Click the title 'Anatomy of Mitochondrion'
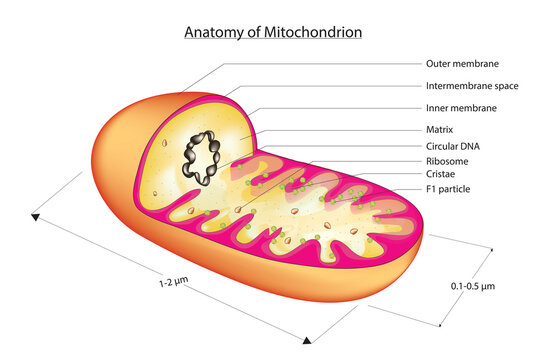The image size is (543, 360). pyautogui.click(x=272, y=32)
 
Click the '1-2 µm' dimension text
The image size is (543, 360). pyautogui.click(x=173, y=283)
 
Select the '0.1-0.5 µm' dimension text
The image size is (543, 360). pyautogui.click(x=473, y=286)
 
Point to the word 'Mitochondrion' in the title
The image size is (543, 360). pyautogui.click(x=314, y=32)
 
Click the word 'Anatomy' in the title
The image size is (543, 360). pyautogui.click(x=212, y=32)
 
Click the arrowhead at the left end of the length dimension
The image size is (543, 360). pyautogui.click(x=37, y=216)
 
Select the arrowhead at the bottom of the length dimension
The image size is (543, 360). pyautogui.click(x=308, y=336)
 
